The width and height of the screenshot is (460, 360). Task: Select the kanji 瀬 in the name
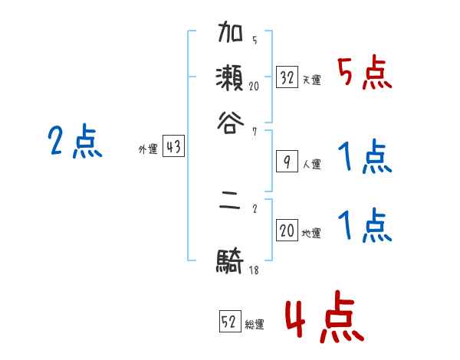(230, 78)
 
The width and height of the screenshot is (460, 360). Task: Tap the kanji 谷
(230, 121)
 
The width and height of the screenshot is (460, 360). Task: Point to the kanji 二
(230, 206)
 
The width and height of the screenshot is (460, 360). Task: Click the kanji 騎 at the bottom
(230, 263)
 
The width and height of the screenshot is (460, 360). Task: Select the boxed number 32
(287, 77)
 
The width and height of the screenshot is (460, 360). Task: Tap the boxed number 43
(174, 147)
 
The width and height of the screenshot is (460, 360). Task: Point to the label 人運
(311, 164)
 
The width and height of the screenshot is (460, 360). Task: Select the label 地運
(311, 234)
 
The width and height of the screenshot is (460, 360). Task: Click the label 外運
(148, 150)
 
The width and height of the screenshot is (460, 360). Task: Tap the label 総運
(255, 325)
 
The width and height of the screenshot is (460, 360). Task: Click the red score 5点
(364, 74)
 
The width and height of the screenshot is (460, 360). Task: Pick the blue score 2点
(74, 142)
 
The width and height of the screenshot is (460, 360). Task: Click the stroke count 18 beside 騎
(253, 270)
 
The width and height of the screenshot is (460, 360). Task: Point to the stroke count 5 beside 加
(254, 41)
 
